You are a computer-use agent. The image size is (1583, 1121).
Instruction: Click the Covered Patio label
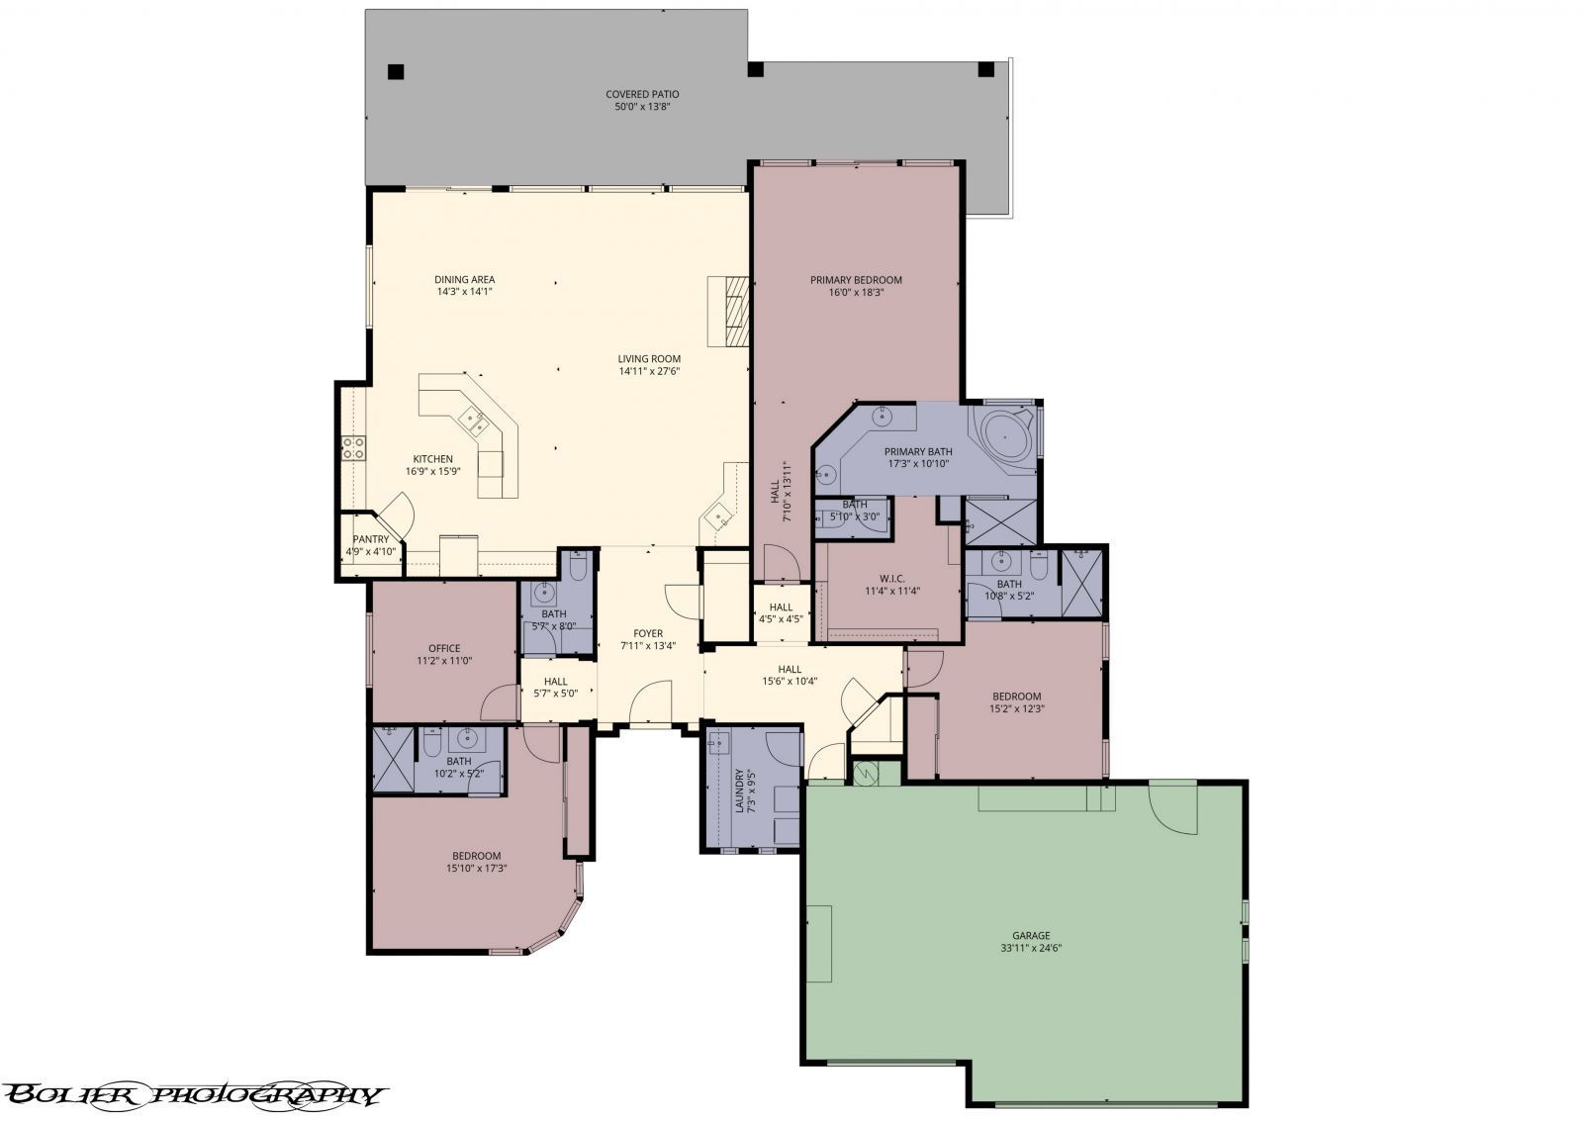pos(642,95)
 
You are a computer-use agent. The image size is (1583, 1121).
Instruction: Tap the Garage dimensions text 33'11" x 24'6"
pos(1030,948)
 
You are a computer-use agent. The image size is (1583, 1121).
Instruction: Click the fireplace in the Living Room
pos(734,310)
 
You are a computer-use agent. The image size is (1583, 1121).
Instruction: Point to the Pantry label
pos(370,539)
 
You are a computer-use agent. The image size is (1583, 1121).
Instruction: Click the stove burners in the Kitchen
pos(353,447)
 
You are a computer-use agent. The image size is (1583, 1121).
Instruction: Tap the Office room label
pos(444,649)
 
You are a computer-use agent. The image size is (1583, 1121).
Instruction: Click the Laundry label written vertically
pos(739,792)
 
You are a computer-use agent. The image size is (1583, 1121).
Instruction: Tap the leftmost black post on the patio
pos(396,71)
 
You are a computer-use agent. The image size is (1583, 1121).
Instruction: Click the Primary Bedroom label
pos(856,280)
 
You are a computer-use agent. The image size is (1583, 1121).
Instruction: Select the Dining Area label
pos(464,280)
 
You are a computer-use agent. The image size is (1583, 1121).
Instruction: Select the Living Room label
pos(649,359)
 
